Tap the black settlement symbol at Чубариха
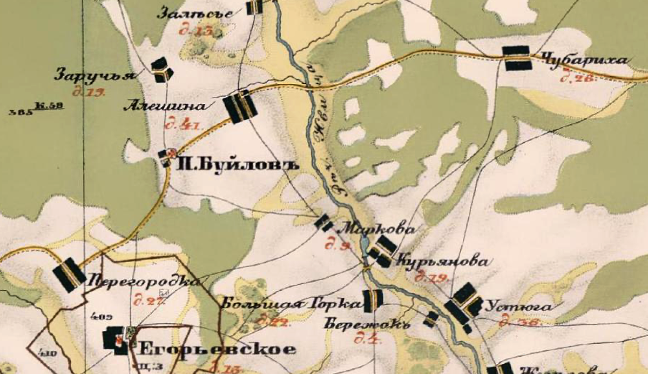click(516, 58)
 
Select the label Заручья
click(94, 75)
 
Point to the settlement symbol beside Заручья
click(161, 70)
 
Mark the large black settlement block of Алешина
click(240, 106)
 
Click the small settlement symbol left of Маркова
click(323, 222)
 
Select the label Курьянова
click(442, 262)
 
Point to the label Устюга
click(519, 308)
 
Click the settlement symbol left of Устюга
click(463, 303)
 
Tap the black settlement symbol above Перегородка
click(70, 274)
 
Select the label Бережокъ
click(368, 325)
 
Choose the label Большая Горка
click(290, 304)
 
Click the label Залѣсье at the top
click(195, 13)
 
